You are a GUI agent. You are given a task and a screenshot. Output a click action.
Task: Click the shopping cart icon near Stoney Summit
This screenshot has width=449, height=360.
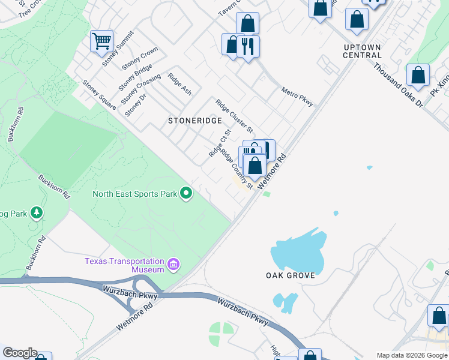[101, 41]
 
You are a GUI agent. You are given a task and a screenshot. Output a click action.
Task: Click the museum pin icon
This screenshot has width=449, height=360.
[173, 265]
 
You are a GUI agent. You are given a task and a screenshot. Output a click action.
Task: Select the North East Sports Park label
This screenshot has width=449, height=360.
[135, 194]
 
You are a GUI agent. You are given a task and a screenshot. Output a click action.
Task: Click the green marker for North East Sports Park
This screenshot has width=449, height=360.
[186, 193]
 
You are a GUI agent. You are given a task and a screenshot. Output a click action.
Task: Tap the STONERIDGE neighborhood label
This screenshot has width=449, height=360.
[191, 121]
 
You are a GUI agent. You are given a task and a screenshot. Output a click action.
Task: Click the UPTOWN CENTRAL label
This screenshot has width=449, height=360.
[362, 51]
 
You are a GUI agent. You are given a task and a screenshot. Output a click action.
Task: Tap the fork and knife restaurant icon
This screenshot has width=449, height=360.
[248, 46]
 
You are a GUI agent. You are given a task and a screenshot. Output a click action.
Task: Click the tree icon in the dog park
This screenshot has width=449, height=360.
[37, 212]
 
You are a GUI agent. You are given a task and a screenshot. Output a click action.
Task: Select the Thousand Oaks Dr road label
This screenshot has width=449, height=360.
[397, 85]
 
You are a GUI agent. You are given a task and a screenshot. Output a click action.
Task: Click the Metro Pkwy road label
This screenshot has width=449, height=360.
[298, 97]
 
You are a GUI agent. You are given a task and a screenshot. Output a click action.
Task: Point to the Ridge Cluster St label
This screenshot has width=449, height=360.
[234, 116]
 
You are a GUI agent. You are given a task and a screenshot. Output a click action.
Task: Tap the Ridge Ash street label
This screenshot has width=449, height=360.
[179, 84]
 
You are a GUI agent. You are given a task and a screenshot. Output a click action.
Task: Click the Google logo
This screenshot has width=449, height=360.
[20, 353]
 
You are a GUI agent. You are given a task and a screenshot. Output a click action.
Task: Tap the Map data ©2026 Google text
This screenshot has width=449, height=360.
[411, 355]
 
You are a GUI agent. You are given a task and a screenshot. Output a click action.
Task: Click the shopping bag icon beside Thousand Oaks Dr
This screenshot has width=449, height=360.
[418, 76]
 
